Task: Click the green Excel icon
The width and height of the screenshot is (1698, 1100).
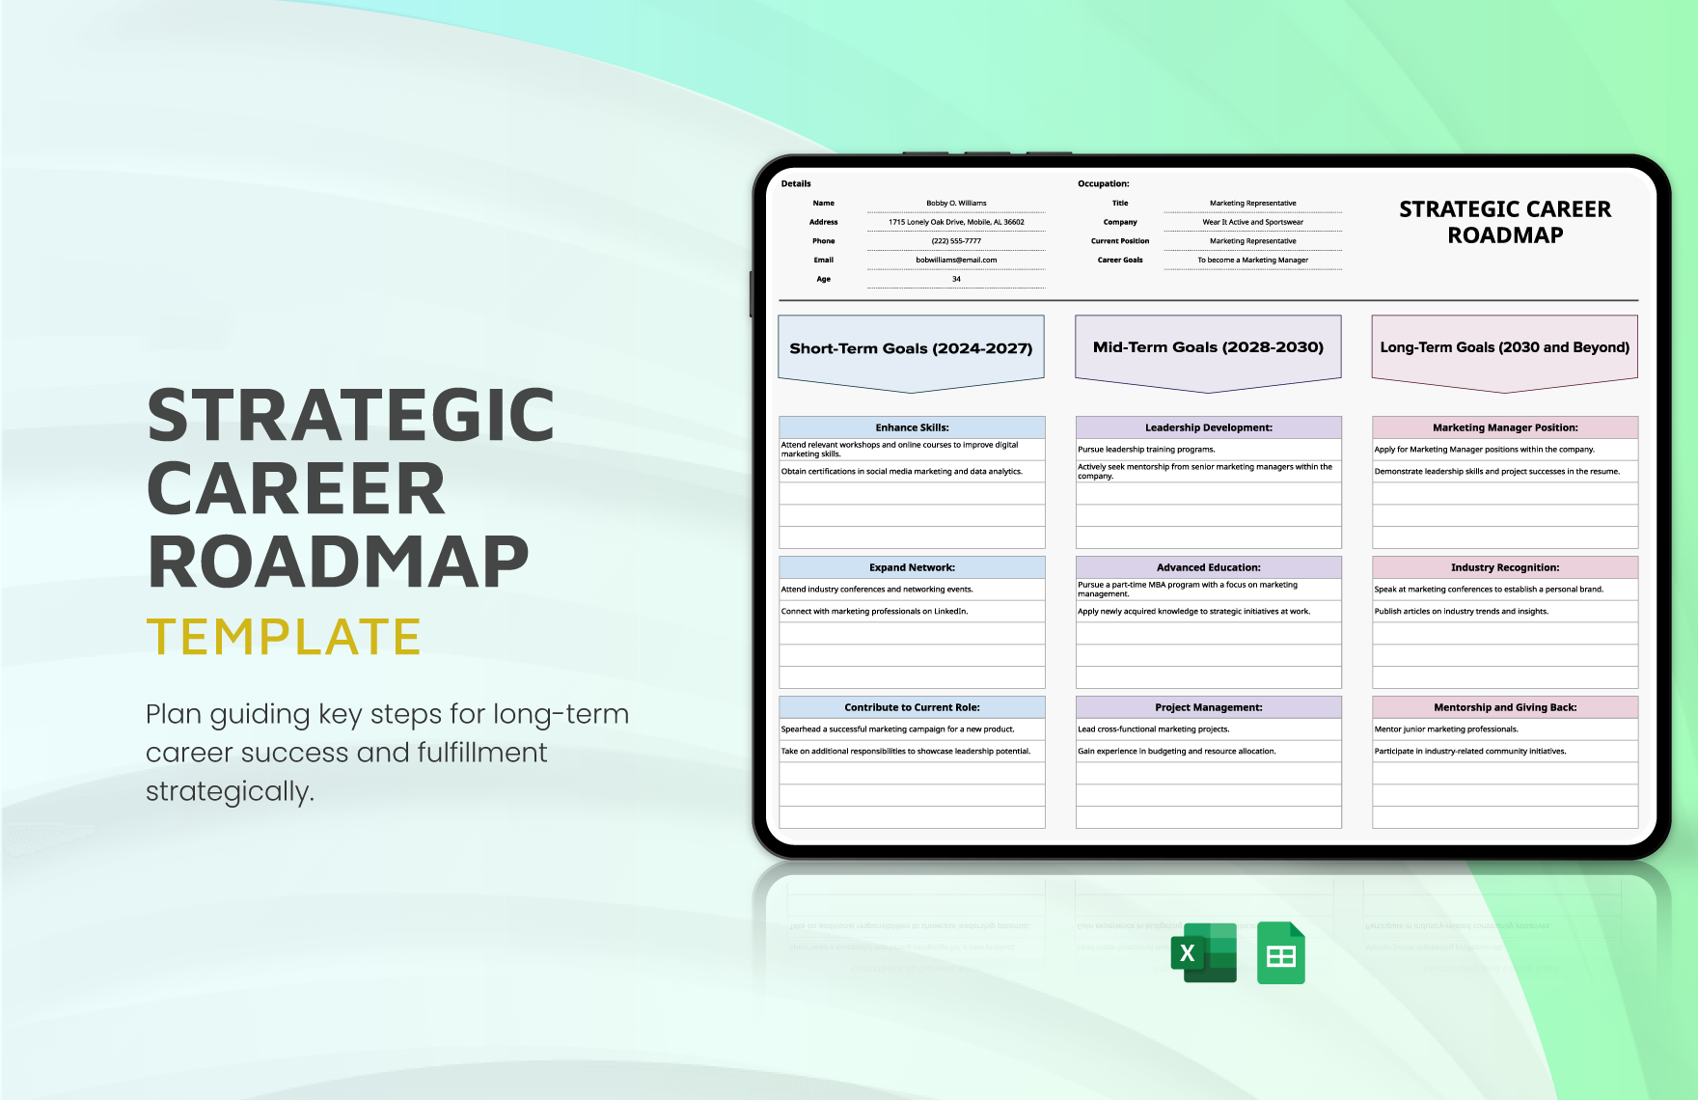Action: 1203,952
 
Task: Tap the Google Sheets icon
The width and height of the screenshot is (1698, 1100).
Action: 1280,953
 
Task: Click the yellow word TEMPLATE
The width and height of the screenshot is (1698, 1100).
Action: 284,637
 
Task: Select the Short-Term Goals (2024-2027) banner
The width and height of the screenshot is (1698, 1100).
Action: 911,349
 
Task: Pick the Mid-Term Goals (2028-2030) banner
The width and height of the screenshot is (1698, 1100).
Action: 1208,347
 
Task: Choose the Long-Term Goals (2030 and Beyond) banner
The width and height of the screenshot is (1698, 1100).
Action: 1504,347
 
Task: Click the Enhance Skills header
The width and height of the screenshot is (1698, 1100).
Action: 912,427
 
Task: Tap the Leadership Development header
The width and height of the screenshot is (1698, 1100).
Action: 1208,427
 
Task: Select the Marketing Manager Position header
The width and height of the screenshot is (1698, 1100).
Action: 1504,427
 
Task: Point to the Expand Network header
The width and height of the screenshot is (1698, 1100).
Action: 912,567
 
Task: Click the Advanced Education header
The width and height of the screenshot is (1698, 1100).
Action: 1208,567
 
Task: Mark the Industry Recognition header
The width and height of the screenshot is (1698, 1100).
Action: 1504,567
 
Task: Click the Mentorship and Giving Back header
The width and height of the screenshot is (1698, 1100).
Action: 1504,707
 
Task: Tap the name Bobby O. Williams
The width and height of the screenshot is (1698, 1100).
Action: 956,204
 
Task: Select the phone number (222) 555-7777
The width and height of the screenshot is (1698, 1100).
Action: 956,241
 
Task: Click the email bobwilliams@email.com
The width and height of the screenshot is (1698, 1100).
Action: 956,260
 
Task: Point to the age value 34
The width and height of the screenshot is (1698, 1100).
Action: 956,279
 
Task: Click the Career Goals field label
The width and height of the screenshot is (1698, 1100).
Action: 1119,260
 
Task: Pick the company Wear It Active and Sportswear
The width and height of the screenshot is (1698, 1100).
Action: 1252,222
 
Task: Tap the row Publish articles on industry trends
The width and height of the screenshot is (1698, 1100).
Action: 1461,612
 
